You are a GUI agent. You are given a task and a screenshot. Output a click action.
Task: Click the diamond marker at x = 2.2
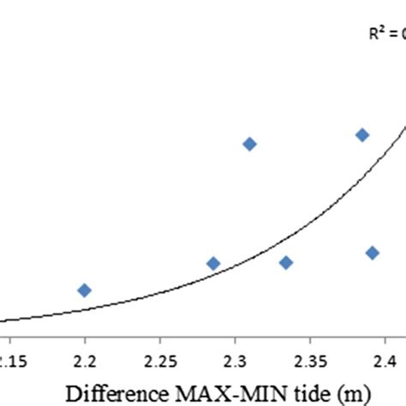84,290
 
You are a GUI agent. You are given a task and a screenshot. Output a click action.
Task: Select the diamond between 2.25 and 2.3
213,263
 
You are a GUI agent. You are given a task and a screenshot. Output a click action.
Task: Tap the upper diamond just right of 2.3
249,144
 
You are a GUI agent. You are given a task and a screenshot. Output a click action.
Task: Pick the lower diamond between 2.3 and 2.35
286,262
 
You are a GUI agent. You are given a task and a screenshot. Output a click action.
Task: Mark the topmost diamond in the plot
362,134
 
